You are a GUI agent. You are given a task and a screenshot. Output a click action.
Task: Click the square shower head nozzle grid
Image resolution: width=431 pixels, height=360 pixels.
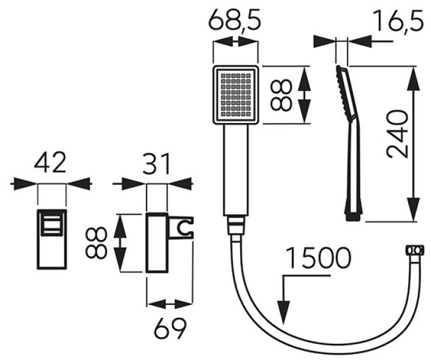click(236, 95)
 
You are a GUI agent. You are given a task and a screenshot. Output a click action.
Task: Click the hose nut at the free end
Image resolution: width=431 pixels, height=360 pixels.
click(414, 250)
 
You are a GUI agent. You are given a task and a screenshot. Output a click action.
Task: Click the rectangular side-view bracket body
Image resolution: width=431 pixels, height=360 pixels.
click(158, 243)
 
